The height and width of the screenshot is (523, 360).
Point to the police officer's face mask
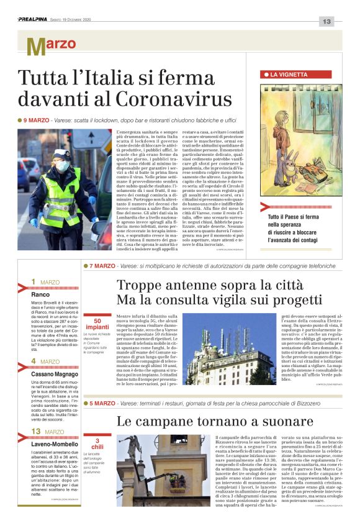pos(62,167)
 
